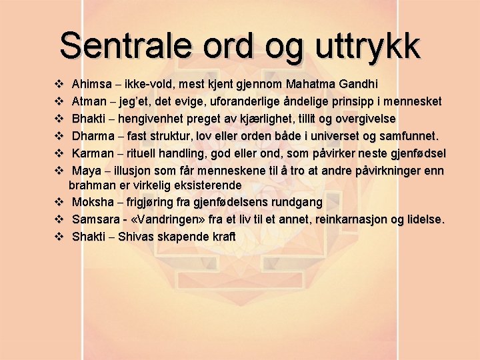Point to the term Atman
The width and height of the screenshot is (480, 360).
pos(89,102)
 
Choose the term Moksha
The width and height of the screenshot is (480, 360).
pos(93,202)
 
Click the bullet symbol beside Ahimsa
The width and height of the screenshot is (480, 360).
pos(58,85)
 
